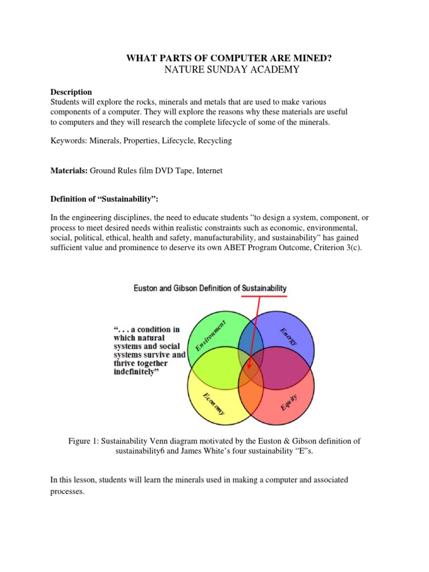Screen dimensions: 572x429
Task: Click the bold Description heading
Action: [71, 92]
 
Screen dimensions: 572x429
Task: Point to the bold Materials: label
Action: [69, 171]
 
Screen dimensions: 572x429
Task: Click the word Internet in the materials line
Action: [208, 171]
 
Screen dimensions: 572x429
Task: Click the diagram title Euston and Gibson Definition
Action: [210, 288]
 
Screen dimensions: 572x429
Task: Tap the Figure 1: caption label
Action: [84, 441]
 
